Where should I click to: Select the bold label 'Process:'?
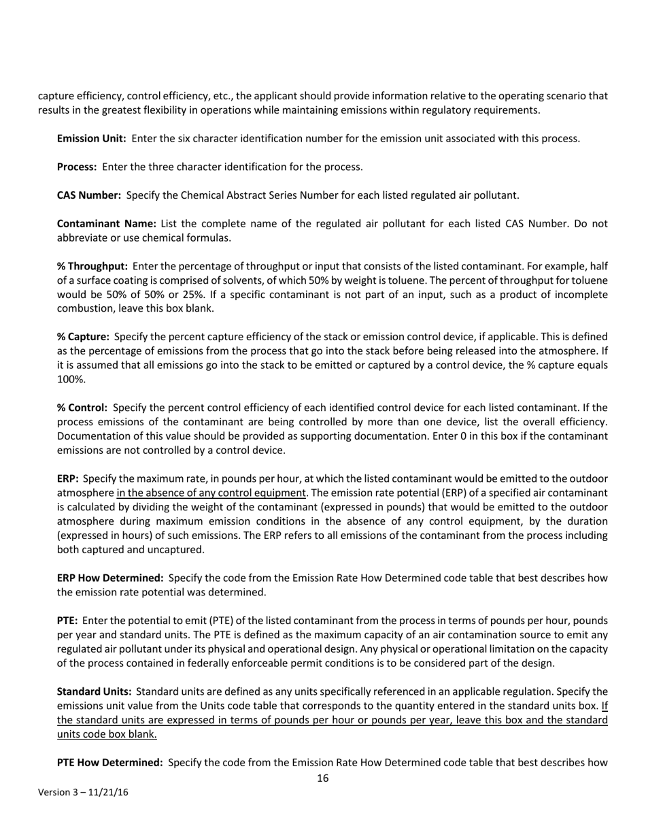(x=76, y=167)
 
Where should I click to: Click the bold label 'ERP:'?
(x=67, y=478)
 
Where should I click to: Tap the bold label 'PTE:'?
(x=67, y=621)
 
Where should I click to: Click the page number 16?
(x=323, y=778)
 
